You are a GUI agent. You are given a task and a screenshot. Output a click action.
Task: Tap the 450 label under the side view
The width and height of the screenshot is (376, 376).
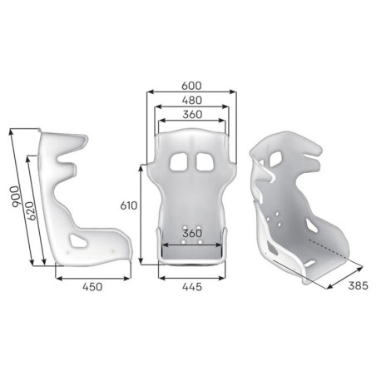92,288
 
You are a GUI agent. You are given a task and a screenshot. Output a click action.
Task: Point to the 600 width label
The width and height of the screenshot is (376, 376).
192,86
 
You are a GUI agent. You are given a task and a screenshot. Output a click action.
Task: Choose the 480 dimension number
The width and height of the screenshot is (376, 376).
192,100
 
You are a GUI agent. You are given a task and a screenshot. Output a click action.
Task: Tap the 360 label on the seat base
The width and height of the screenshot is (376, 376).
192,235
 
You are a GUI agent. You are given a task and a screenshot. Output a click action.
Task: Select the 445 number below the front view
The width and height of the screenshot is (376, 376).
192,288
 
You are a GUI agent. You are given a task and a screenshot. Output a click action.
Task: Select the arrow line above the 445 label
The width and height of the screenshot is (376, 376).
192,276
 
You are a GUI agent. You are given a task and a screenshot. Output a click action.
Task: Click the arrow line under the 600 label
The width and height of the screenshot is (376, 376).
192,93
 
